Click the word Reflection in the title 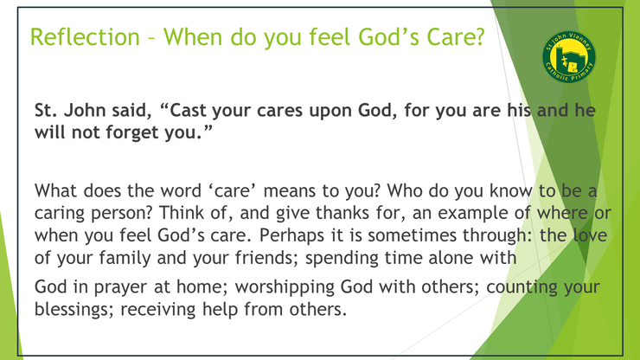point(86,36)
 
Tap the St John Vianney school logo point(569,56)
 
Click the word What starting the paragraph point(55,191)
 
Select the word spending point(342,259)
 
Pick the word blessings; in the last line point(74,309)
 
